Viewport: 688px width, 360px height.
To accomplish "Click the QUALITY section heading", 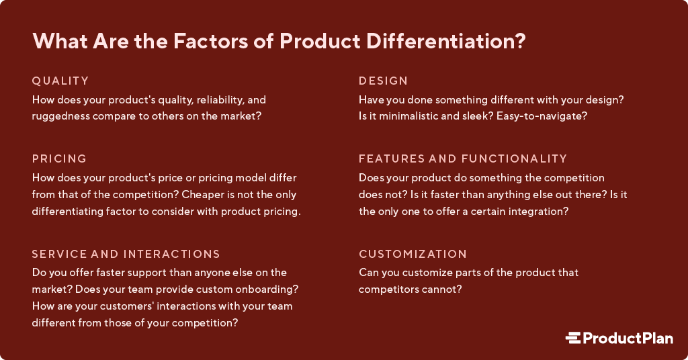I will tap(60, 81).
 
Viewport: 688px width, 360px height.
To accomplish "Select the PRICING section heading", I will tap(60, 159).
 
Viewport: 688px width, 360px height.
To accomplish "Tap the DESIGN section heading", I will tap(383, 81).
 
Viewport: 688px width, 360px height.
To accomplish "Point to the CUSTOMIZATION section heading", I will tap(413, 255).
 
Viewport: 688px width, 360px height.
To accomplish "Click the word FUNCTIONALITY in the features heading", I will tap(514, 159).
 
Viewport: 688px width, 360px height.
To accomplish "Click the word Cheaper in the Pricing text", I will tap(212, 195).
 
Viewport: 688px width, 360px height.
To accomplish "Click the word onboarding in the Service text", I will tap(267, 289).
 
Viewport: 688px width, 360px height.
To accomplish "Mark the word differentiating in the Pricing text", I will tap(69, 211).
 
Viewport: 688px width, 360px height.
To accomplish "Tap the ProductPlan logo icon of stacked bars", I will tap(572, 339).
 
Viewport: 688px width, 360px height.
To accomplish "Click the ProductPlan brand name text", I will tap(628, 339).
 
